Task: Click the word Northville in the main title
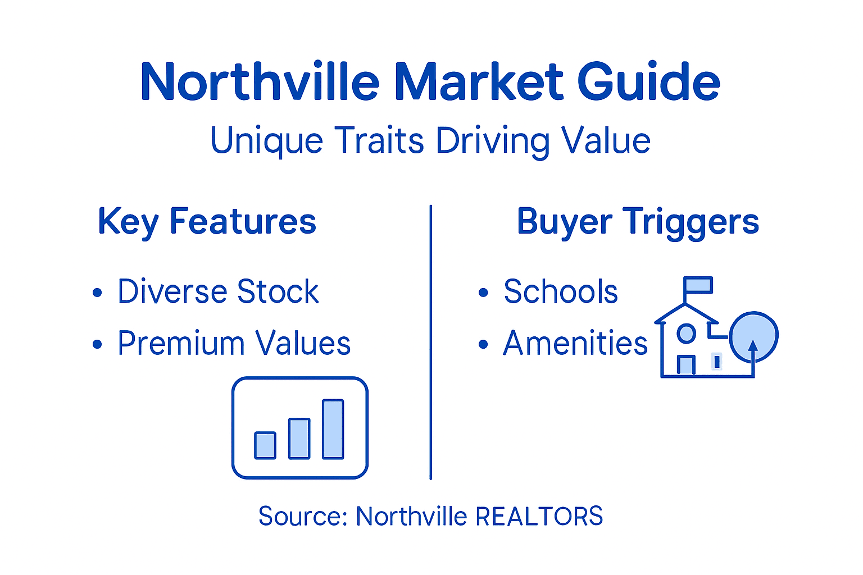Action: click(x=260, y=83)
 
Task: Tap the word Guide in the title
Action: click(x=649, y=83)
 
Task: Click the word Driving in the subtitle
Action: click(x=493, y=141)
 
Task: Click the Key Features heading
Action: click(x=207, y=222)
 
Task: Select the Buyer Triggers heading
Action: click(x=638, y=222)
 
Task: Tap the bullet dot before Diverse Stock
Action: click(x=98, y=293)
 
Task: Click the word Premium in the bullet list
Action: click(x=180, y=343)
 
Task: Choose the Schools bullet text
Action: click(x=560, y=292)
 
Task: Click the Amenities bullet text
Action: click(x=575, y=343)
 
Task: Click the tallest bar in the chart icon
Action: click(x=333, y=429)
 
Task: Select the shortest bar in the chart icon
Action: click(x=265, y=445)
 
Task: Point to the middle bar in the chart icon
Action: click(x=299, y=439)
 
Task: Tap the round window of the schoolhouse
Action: click(x=686, y=334)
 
